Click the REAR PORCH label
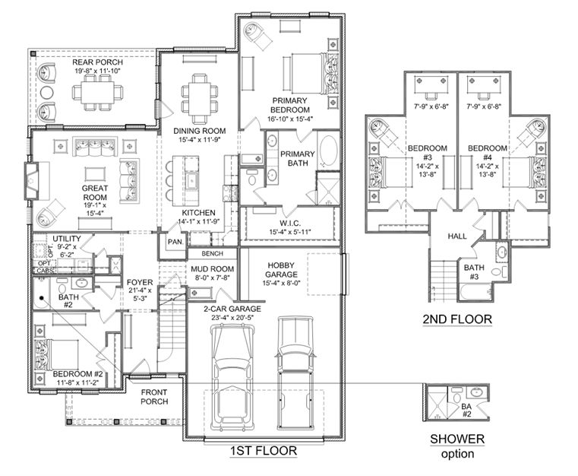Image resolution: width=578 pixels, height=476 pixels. pos(97,62)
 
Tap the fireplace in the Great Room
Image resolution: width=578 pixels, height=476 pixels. pos(32,180)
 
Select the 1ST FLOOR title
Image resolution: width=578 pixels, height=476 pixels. pos(264,451)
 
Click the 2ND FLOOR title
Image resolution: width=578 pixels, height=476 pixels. pos(457,319)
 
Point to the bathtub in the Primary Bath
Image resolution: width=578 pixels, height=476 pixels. pos(328,151)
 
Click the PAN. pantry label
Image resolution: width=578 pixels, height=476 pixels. pos(175,242)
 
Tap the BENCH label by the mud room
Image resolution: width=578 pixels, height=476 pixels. pos(213,253)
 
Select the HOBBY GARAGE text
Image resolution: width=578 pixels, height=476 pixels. pos(281,270)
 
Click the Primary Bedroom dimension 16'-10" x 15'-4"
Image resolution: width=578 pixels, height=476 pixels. pos(290,119)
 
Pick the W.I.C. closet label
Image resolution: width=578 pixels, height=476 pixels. pos(290,224)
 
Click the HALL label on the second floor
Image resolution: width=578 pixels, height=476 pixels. pos(457,236)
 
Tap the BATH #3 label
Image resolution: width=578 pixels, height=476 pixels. pos(474,272)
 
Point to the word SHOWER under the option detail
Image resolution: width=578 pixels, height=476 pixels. pos(457,439)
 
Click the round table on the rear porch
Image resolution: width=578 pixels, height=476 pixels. pos(47,93)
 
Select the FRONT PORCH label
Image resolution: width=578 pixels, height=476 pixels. pos(154,397)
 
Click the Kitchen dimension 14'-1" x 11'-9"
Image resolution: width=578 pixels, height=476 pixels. pos(198,221)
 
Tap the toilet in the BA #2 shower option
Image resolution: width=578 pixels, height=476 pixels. pos(457,396)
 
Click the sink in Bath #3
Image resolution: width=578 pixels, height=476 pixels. pos(502,252)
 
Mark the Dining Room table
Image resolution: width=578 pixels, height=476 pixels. pos(200,99)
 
